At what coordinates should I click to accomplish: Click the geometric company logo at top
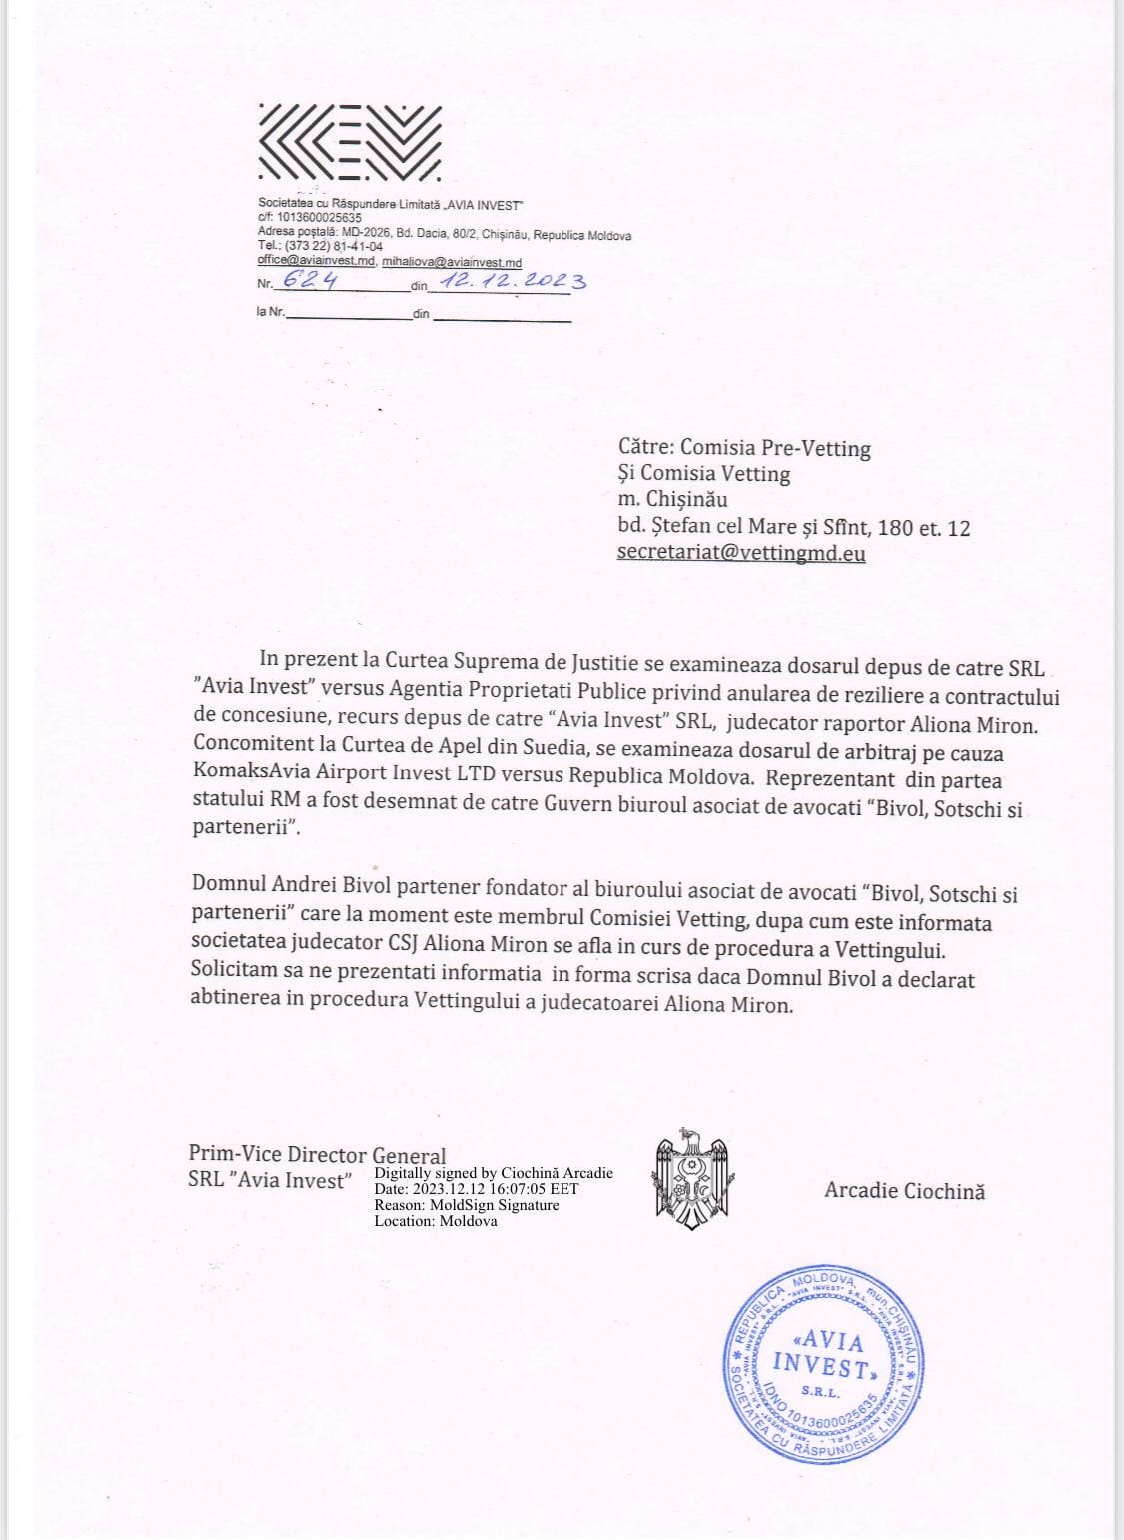pyautogui.click(x=349, y=141)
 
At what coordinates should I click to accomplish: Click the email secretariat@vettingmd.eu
pyautogui.click(x=741, y=552)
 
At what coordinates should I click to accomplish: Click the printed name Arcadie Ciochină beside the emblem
pyautogui.click(x=904, y=1190)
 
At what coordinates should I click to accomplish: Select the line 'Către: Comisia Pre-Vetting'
pyautogui.click(x=744, y=448)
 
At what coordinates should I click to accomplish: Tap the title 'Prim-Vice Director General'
pyautogui.click(x=317, y=1155)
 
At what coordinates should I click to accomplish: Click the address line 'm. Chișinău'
pyautogui.click(x=672, y=499)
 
